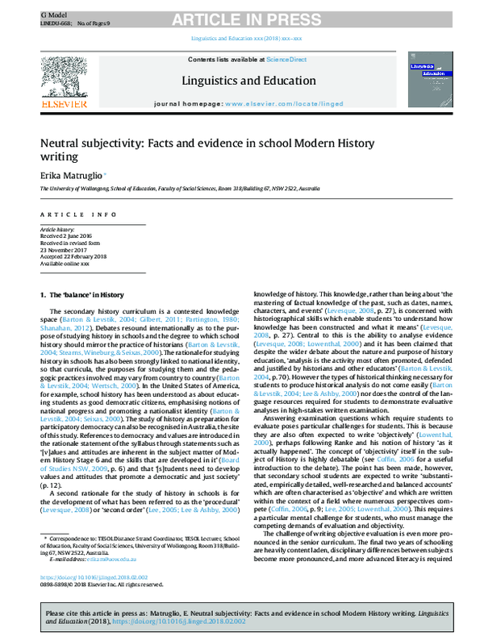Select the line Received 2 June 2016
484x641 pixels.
pyautogui.click(x=64, y=235)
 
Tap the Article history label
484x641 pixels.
pyautogui.click(x=56, y=228)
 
